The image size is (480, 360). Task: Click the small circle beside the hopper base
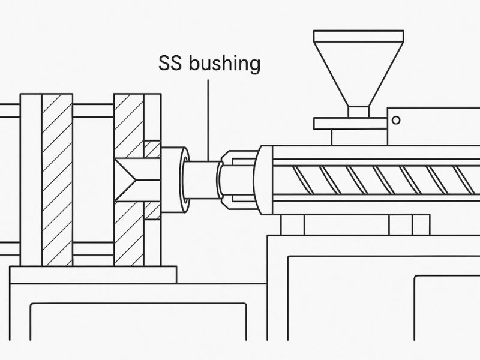[395, 120]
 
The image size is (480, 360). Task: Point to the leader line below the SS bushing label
[208, 120]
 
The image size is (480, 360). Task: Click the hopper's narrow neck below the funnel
[359, 112]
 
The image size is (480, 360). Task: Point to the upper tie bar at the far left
[10, 110]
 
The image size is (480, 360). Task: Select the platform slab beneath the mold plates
[93, 274]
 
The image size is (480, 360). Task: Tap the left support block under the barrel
[293, 225]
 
